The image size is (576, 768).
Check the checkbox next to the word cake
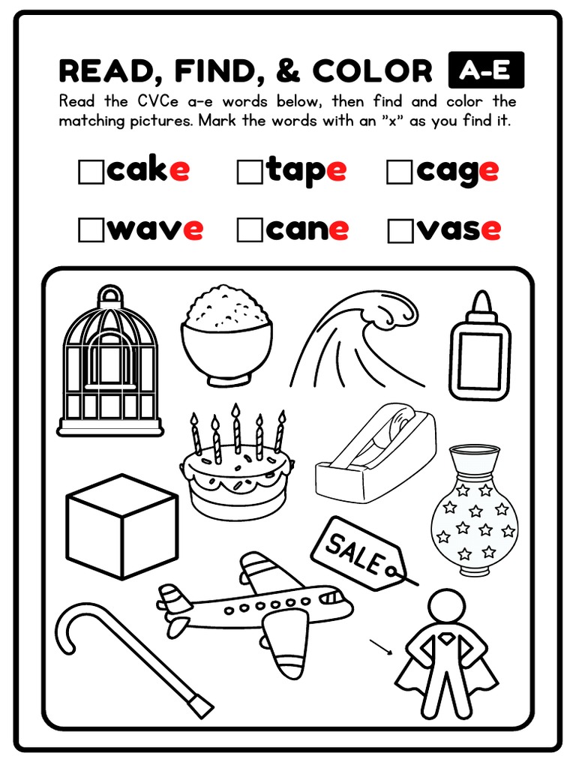coord(91,172)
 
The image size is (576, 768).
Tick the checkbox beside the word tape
coord(249,172)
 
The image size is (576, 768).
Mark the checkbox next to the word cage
coord(399,172)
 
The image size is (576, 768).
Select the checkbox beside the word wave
coord(91,230)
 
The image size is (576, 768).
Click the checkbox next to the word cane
coord(249,230)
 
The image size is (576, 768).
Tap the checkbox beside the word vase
coord(400,231)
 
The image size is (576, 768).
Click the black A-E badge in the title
coord(485,70)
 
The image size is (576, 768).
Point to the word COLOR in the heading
coord(373,71)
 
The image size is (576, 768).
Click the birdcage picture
coord(110,367)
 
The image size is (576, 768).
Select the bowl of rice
coord(226,337)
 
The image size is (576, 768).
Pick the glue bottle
coord(479,349)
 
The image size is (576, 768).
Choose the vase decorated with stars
coord(474,514)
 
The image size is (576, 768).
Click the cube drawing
coord(122,526)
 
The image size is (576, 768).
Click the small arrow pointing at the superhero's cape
coord(381,646)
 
